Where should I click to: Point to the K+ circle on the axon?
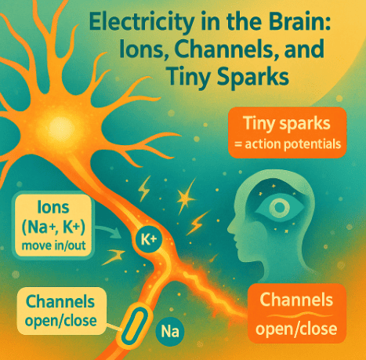click(149, 239)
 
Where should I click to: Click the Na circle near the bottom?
click(170, 332)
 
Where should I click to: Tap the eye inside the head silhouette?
click(280, 207)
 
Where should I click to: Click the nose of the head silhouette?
click(230, 228)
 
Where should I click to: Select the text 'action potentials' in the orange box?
click(292, 144)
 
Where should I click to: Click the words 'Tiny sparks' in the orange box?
click(287, 123)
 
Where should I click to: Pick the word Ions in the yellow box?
click(53, 207)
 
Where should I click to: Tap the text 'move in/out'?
click(53, 245)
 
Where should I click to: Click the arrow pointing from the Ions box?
click(107, 231)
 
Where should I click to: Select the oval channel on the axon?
click(134, 324)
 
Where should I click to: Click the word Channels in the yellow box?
click(60, 302)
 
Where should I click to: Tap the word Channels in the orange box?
click(296, 300)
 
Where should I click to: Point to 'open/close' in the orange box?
click(296, 329)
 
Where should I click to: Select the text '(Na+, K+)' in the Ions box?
click(53, 227)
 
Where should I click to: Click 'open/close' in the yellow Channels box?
click(60, 321)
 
